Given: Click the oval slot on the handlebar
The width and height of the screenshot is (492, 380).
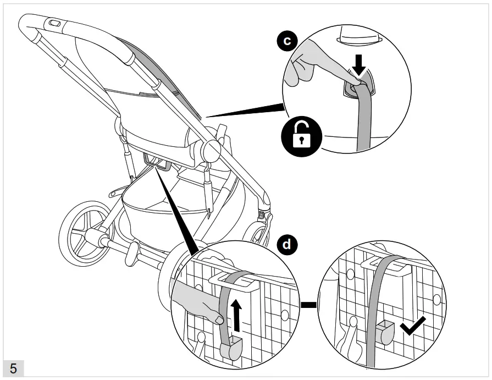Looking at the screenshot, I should tap(54, 24).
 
